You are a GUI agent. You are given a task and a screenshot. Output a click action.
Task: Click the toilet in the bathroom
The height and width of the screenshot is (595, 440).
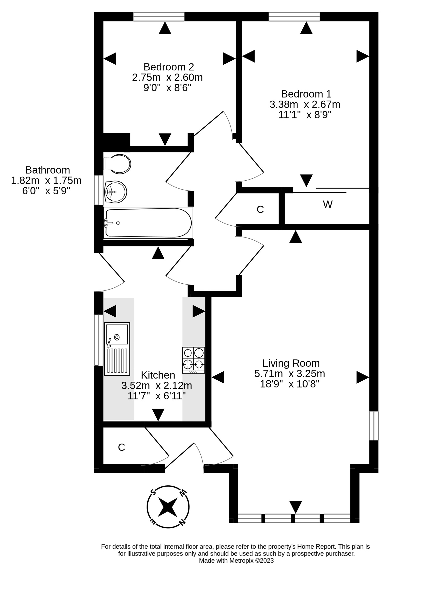(117, 164)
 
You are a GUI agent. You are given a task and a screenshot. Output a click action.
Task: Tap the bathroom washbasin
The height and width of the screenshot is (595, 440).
(116, 192)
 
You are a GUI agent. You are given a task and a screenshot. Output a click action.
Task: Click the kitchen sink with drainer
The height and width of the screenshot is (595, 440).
(117, 348)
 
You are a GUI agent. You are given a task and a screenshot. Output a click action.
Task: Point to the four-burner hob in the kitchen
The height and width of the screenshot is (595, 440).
(193, 360)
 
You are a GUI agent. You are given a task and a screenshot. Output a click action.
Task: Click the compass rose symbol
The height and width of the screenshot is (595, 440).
(168, 507)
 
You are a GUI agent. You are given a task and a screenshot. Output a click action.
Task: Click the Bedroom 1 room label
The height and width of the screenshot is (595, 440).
(306, 94)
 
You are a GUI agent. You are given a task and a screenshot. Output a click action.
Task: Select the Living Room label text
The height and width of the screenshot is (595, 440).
(291, 363)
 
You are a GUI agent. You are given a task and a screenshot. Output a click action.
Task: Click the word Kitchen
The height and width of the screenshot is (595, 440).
(158, 375)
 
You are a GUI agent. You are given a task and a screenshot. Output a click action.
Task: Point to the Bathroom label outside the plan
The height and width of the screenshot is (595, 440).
(47, 170)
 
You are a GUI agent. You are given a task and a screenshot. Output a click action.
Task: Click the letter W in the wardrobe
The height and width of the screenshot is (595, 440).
(328, 204)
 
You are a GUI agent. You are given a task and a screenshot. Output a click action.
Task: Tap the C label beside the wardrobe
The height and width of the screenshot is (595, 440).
(260, 210)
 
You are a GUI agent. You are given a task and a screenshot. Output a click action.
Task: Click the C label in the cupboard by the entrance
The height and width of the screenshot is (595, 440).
(122, 447)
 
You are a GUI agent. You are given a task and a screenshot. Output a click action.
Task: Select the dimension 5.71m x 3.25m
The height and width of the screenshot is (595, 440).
(290, 374)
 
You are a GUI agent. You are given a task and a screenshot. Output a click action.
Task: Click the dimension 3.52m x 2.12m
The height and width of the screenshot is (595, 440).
(157, 385)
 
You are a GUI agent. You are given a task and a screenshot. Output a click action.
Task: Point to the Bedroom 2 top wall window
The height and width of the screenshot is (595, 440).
(159, 16)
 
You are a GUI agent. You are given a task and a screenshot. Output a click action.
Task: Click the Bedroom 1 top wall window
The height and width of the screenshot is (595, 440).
(294, 16)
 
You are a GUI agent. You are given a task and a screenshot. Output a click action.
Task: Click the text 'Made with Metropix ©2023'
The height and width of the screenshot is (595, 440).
(236, 561)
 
